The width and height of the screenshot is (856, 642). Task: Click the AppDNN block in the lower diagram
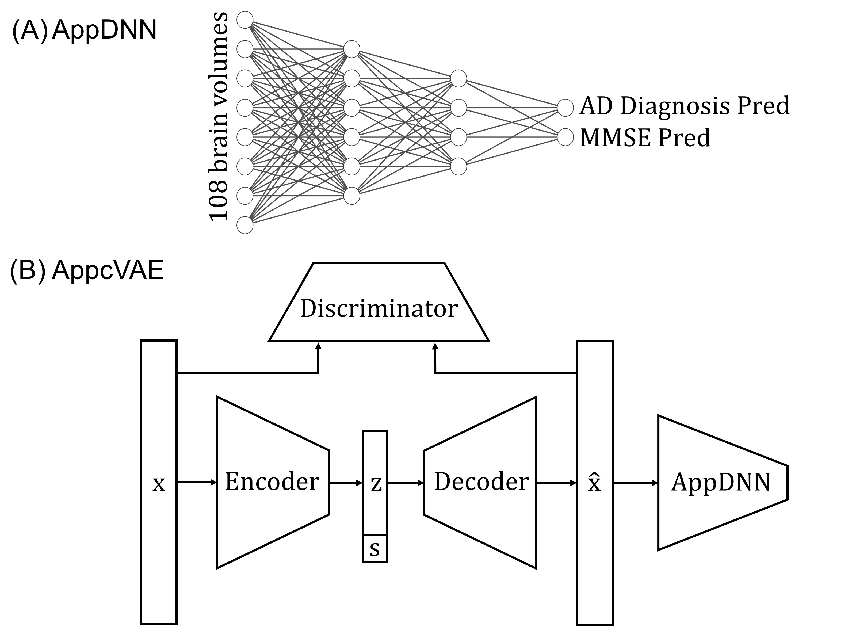click(721, 483)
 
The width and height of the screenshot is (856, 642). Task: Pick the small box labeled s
click(374, 549)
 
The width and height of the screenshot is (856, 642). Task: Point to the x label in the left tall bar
click(159, 484)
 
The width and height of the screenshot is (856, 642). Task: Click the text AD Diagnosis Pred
click(684, 106)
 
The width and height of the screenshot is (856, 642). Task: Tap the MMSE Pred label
click(645, 138)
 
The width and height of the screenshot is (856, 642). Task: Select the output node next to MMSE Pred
click(565, 137)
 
